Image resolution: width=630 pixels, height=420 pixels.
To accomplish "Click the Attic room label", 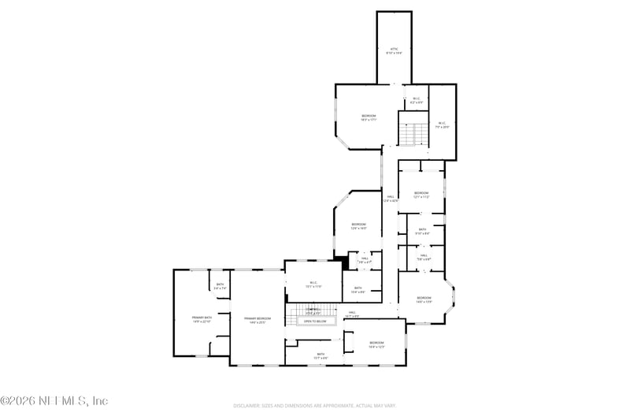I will pyautogui.click(x=395, y=51).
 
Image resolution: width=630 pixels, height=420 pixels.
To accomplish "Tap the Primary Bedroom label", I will pyautogui.click(x=258, y=320).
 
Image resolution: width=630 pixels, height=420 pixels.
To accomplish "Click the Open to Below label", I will pyautogui.click(x=315, y=322).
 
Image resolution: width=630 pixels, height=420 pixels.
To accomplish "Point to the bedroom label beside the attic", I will pyautogui.click(x=369, y=118).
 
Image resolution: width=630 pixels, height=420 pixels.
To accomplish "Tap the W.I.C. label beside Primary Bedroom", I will pyautogui.click(x=313, y=284).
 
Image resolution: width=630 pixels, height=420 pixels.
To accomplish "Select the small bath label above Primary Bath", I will pyautogui.click(x=220, y=287).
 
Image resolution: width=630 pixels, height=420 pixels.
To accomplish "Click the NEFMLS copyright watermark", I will pyautogui.click(x=54, y=401).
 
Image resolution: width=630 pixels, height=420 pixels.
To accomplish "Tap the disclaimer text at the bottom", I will pyautogui.click(x=314, y=406).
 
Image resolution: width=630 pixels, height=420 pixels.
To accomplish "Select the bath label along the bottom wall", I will pyautogui.click(x=321, y=355).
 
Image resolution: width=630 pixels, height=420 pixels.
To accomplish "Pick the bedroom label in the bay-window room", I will pyautogui.click(x=424, y=300).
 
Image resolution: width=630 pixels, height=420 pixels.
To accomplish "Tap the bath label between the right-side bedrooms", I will pyautogui.click(x=423, y=231).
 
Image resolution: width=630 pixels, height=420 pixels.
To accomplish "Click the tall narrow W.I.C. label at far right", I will pyautogui.click(x=443, y=125).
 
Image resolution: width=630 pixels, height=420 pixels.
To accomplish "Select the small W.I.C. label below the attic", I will pyautogui.click(x=417, y=100).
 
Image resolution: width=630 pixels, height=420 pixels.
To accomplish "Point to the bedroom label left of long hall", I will pyautogui.click(x=358, y=225).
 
